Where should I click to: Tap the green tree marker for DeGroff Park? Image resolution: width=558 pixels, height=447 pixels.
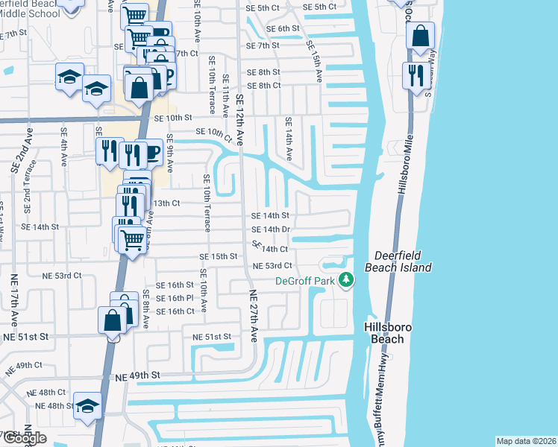coord(345,280)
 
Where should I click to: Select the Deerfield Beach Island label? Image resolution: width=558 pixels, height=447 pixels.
coord(398,261)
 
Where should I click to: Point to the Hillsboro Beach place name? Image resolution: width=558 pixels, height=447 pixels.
coord(383,333)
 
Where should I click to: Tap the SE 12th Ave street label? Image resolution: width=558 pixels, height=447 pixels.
coord(240,119)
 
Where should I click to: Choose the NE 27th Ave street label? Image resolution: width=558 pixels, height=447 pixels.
coord(253,316)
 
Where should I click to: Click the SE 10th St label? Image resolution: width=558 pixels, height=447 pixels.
coord(173,118)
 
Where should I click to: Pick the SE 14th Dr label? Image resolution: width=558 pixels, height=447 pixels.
coord(270,229)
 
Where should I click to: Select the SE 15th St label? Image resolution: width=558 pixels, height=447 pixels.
coord(218,256)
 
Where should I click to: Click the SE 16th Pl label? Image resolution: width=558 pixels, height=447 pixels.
coord(175,298)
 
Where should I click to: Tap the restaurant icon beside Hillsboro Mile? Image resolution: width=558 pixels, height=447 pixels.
coord(416,74)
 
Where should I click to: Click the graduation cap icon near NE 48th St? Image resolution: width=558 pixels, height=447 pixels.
coord(87,405)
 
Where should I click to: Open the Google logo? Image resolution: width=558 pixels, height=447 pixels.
coord(24,439)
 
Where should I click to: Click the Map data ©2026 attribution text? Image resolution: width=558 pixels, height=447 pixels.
coord(526,441)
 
